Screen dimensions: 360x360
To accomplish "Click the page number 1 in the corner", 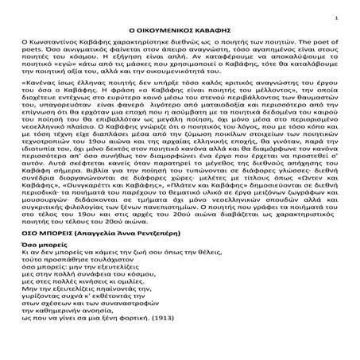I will click(338, 17).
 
